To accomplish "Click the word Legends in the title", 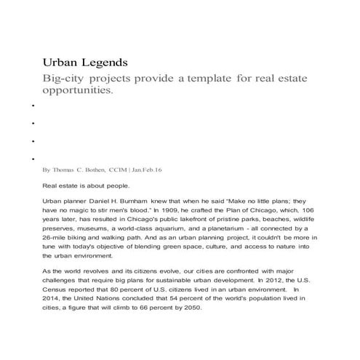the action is pos(109,63).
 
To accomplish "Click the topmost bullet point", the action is pos(33,105).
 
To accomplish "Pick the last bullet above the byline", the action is pos(33,158).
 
